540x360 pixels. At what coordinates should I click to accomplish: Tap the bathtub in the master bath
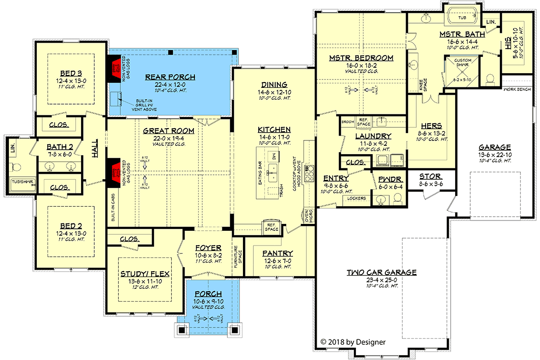(462, 17)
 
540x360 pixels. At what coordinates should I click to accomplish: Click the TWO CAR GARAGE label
(381, 272)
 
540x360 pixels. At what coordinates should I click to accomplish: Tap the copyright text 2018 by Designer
(353, 342)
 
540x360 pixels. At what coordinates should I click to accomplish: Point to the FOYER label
(208, 248)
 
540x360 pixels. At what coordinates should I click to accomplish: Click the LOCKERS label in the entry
(357, 198)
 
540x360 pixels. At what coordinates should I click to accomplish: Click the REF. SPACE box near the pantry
(271, 227)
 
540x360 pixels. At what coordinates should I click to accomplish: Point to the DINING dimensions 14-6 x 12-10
(274, 92)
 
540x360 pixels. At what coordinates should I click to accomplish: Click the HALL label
(95, 148)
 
